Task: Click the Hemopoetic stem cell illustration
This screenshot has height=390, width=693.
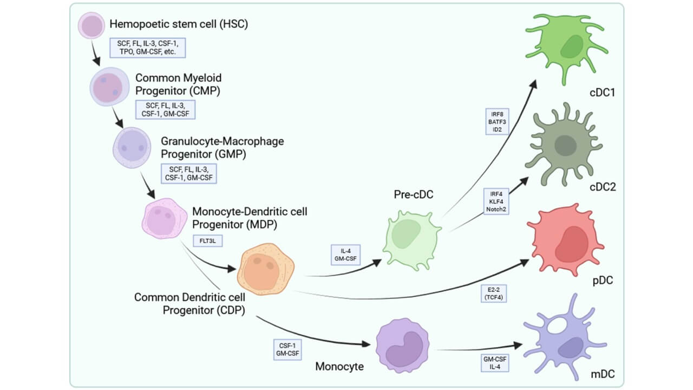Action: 92,26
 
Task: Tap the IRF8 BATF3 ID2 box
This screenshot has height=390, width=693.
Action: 498,122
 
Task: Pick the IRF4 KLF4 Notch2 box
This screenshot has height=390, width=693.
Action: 498,200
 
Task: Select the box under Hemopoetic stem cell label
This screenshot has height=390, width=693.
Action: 148,48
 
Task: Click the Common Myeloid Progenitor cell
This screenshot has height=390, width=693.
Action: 109,87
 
